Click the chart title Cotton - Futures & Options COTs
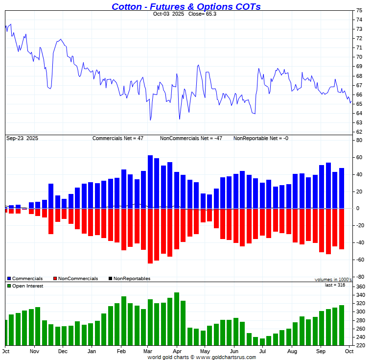pos(186,6)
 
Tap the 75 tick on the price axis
pos(359,10)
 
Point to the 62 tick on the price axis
pos(359,132)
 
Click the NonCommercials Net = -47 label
pos(191,138)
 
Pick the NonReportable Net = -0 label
pos(260,138)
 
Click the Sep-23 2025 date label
pos(22,138)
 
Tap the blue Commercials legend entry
pos(25,279)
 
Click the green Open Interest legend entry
pos(25,286)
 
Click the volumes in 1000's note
pos(333,279)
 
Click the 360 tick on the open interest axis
pos(361,287)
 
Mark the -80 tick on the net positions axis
pos(360,277)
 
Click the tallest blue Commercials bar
pos(150,182)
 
